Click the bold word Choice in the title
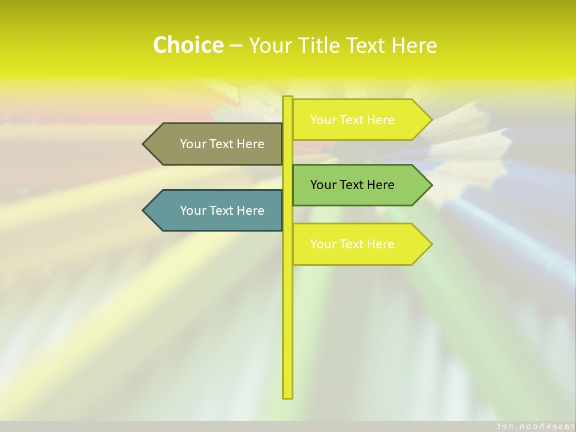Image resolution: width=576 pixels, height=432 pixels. (x=188, y=45)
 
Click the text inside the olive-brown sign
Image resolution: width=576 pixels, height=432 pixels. (x=222, y=144)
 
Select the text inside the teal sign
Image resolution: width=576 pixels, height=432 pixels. (x=222, y=211)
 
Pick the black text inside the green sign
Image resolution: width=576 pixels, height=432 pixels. (x=352, y=185)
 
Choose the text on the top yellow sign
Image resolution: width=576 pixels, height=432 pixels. (x=352, y=120)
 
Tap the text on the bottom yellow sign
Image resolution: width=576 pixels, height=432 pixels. (x=352, y=244)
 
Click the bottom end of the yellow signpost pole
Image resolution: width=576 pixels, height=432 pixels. (x=287, y=397)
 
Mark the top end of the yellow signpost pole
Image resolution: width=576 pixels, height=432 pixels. (x=287, y=98)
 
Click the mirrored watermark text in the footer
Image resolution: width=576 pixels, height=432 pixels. (x=532, y=426)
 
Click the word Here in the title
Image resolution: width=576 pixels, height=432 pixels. (x=414, y=45)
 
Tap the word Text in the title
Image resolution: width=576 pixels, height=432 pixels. (x=367, y=45)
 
